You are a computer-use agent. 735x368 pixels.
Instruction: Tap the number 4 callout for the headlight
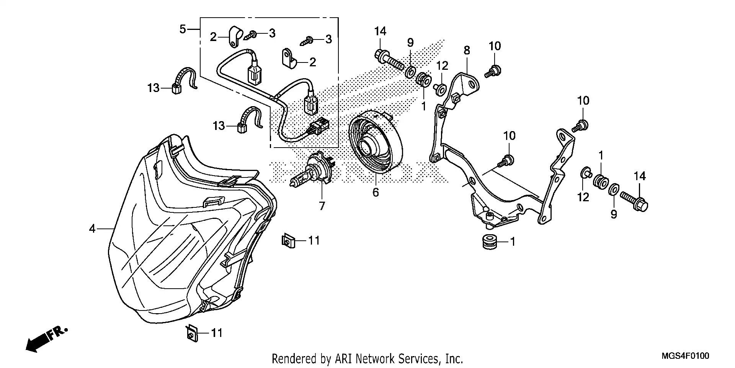pyautogui.click(x=92, y=229)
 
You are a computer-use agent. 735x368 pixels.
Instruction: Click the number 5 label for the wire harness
pyautogui.click(x=183, y=29)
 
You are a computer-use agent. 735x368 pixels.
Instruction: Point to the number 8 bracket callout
pyautogui.click(x=467, y=50)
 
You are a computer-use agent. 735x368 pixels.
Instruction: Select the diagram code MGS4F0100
pyautogui.click(x=686, y=356)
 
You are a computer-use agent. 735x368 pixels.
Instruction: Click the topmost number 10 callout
pyautogui.click(x=495, y=46)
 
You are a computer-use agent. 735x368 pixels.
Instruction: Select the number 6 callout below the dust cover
pyautogui.click(x=376, y=193)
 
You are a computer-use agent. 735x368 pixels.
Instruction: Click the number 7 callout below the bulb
pyautogui.click(x=322, y=206)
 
